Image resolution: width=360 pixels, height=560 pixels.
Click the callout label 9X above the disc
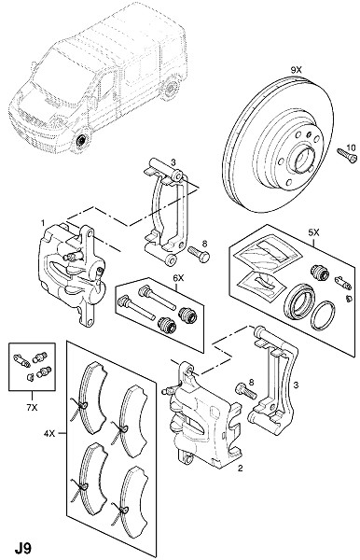[296, 70]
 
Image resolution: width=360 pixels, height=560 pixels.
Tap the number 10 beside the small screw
[351, 147]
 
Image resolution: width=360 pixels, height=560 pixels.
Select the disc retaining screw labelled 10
[347, 156]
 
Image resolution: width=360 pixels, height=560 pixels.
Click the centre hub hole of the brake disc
[302, 159]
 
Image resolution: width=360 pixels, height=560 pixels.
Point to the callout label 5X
[313, 232]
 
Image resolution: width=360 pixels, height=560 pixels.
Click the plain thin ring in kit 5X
[323, 315]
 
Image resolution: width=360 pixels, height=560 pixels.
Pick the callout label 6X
[178, 277]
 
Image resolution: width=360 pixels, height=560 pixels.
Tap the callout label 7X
[32, 407]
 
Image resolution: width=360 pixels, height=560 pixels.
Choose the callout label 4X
[48, 434]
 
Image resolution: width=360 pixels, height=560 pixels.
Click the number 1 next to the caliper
[43, 223]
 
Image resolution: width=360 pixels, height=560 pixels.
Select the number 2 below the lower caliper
[240, 468]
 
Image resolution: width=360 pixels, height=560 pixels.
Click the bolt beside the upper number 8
[199, 254]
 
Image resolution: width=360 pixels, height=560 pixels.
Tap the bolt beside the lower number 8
[246, 390]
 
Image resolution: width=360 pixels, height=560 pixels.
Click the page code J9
[22, 548]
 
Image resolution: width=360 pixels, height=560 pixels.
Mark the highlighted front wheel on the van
[82, 140]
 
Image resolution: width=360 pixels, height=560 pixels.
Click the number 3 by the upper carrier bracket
[173, 162]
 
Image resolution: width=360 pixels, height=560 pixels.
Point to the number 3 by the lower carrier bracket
[296, 385]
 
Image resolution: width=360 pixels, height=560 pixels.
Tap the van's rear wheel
[171, 87]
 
